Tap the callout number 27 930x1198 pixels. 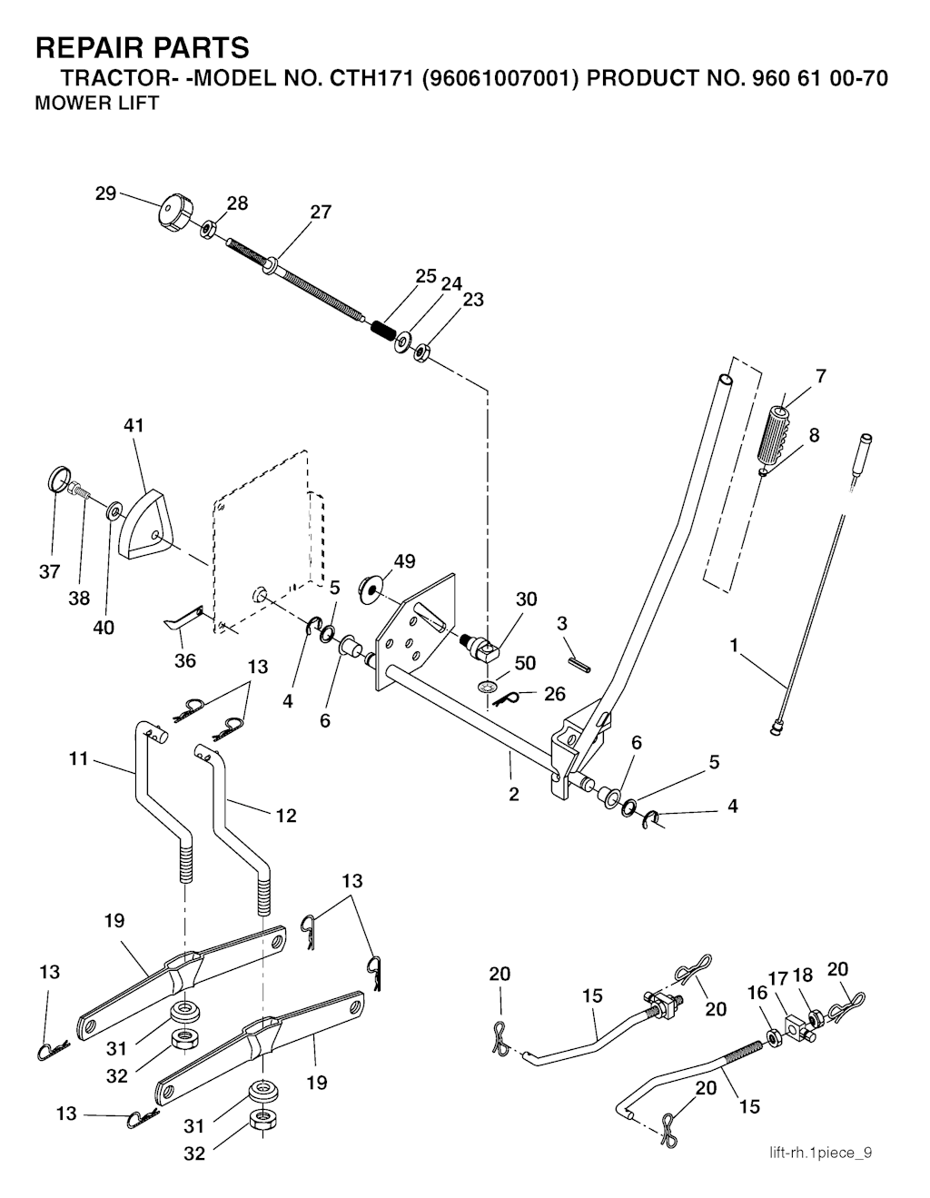(x=321, y=213)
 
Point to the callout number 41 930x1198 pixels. (x=134, y=425)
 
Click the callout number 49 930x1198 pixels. (x=404, y=561)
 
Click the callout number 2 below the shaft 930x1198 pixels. (x=514, y=794)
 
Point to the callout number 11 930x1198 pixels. (x=78, y=758)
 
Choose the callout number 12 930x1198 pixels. (x=286, y=816)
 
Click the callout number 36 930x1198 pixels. (x=185, y=660)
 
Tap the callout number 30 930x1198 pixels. (x=526, y=599)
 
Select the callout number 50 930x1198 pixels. (x=525, y=664)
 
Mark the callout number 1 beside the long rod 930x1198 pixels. (x=733, y=646)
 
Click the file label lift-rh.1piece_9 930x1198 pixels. (x=821, y=1153)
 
